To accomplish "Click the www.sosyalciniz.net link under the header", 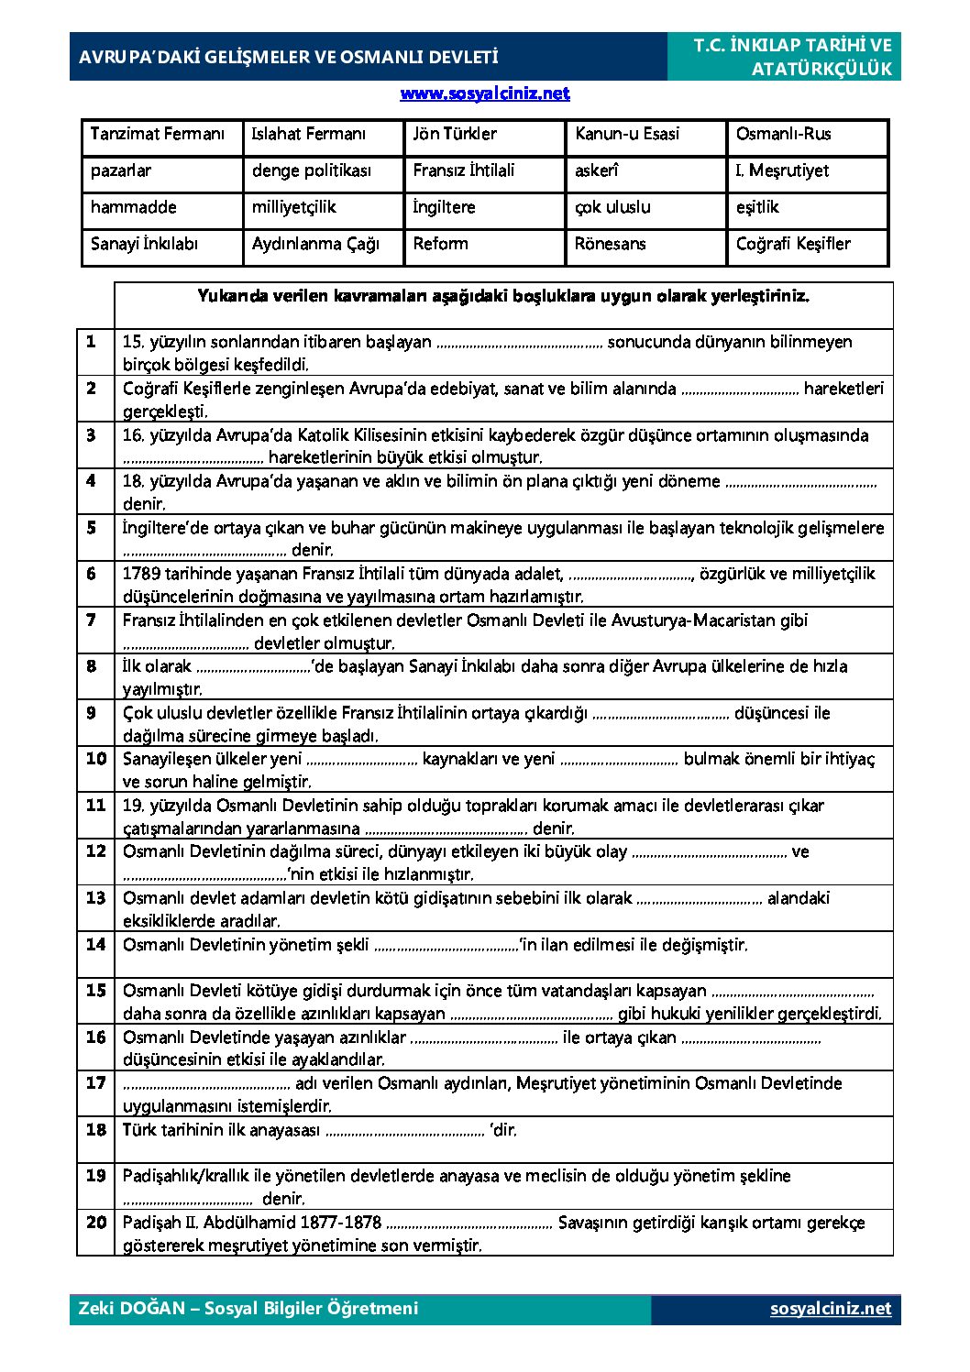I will click(484, 93).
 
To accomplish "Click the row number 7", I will click(91, 620).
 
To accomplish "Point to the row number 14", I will click(95, 945).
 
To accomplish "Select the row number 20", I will click(95, 1223).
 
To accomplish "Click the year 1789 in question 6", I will click(141, 575).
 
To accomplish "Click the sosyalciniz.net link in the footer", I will click(830, 1309).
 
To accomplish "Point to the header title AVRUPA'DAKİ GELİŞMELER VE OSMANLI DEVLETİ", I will click(288, 57).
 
